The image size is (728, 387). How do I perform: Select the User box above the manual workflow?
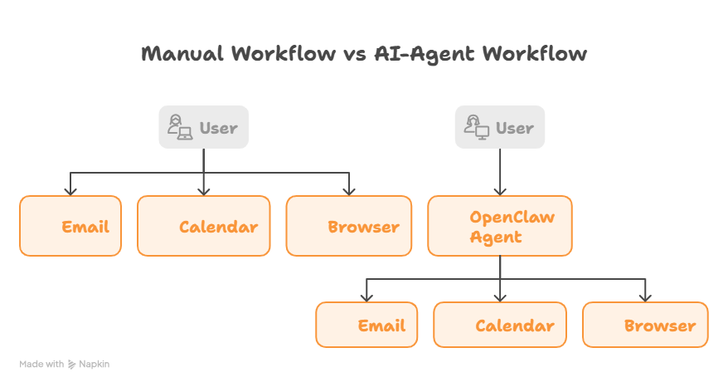coord(204,128)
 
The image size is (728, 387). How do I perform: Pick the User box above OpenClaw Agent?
coord(500,128)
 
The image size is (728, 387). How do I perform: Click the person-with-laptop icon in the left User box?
coord(180,128)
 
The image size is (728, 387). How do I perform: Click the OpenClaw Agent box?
coord(500,226)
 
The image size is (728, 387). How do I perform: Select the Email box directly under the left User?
coord(70,226)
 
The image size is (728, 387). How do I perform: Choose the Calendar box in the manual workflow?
coord(204,226)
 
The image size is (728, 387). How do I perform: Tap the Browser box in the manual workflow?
coord(349,226)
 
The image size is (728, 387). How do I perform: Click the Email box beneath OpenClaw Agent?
coord(366,325)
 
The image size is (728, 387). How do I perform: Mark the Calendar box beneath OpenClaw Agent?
coord(500,325)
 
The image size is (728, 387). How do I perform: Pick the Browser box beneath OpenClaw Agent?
coord(645,325)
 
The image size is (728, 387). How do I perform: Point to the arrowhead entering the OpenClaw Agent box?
coord(500,191)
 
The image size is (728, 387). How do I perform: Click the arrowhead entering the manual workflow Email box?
coord(70,191)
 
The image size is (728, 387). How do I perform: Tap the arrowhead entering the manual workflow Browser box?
coord(349,191)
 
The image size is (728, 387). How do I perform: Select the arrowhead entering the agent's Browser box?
coord(645,297)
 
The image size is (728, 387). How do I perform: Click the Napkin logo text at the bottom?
coord(94,364)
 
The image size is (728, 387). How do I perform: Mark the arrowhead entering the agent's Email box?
coord(366,297)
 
